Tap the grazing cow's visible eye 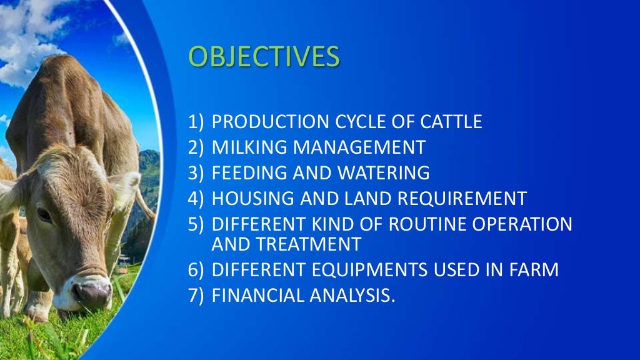[44, 214]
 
